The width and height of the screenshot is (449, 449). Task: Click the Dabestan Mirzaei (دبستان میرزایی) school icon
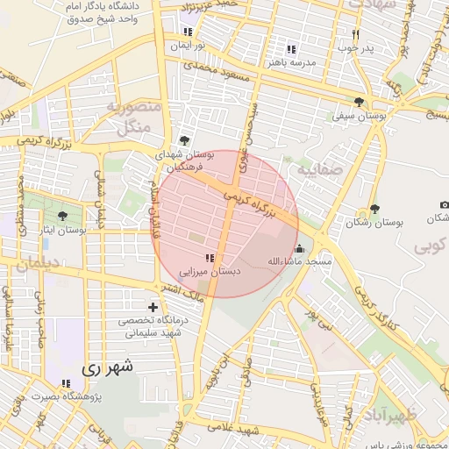209,258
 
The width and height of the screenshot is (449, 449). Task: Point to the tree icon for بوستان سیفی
360,102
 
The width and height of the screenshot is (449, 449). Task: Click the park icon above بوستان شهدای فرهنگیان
184,140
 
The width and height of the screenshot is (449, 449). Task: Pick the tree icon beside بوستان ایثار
62,216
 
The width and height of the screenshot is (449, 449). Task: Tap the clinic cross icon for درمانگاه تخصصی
154,307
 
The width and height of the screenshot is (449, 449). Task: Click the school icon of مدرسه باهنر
291,50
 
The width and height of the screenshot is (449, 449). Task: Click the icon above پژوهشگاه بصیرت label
66,383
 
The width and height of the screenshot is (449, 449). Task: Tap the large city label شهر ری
110,368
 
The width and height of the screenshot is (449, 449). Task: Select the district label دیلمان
36,262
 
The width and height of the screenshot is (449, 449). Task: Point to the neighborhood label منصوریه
132,107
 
